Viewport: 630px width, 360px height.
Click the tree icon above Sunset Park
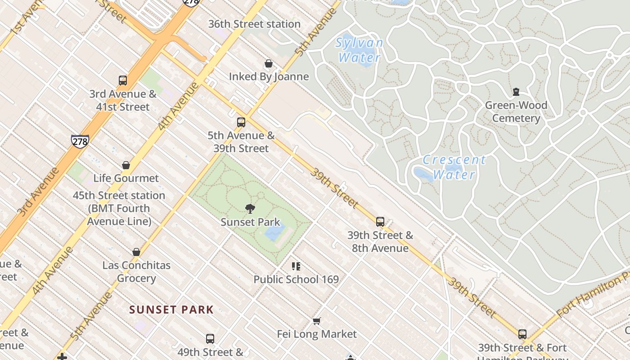tap(250, 208)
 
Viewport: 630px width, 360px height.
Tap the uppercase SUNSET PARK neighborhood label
tap(171, 310)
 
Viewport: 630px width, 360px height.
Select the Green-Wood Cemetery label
tap(516, 112)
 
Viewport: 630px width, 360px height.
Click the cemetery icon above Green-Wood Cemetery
tap(516, 92)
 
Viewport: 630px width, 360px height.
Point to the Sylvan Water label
tap(360, 50)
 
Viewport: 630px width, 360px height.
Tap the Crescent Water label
tap(454, 167)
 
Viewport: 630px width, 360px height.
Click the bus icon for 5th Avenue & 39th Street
tap(241, 122)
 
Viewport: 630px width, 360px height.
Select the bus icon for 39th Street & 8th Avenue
tap(380, 221)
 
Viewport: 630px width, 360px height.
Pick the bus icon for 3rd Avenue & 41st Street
tap(123, 81)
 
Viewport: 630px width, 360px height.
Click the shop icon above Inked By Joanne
tap(269, 63)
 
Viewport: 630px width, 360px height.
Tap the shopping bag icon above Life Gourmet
tap(126, 165)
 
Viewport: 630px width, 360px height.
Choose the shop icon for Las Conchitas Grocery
tap(136, 252)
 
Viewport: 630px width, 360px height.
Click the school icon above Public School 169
tap(296, 266)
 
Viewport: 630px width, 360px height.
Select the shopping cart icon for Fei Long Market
tap(317, 321)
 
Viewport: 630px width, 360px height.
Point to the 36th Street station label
tap(254, 24)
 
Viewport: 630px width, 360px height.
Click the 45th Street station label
tap(119, 208)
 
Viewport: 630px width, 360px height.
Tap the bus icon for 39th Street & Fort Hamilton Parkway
tap(522, 334)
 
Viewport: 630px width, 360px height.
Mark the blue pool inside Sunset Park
tap(274, 233)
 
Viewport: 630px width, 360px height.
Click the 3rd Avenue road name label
tap(38, 191)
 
